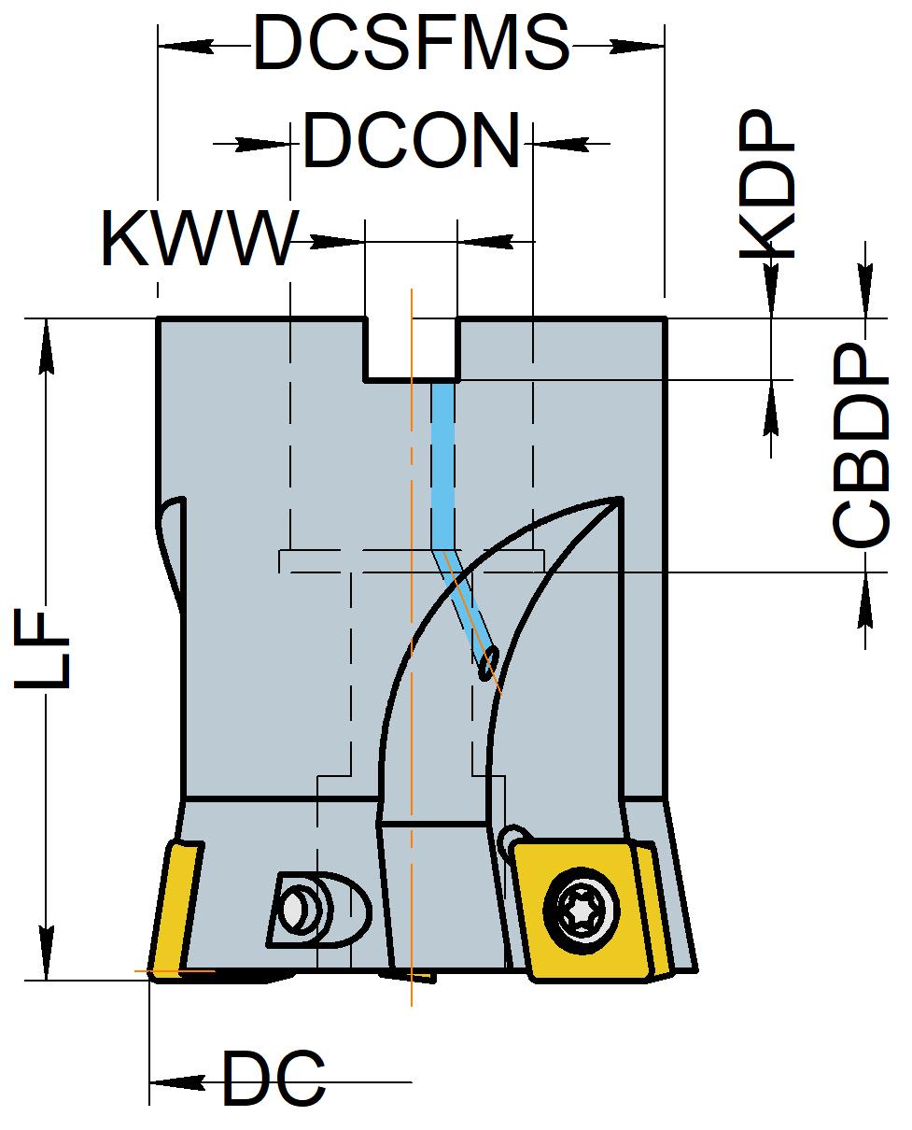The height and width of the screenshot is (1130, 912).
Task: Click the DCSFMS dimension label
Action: [x=411, y=44]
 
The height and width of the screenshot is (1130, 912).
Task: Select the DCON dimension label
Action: [x=412, y=141]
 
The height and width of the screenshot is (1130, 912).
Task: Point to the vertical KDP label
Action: [x=766, y=184]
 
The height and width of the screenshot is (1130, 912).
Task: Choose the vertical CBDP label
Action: [x=860, y=444]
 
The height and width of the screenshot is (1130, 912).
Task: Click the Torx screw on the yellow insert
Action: [x=582, y=911]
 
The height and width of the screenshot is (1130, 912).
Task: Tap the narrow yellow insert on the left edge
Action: [x=175, y=909]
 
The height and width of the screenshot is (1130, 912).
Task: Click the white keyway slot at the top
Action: [x=411, y=348]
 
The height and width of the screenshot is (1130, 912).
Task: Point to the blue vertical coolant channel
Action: [x=442, y=466]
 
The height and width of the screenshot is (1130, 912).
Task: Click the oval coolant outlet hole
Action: [x=488, y=663]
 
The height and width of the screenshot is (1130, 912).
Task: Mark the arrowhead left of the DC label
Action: [x=177, y=1082]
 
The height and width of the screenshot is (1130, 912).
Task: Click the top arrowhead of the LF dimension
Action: [x=47, y=346]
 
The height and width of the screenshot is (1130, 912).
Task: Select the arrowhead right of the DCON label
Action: [x=562, y=143]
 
